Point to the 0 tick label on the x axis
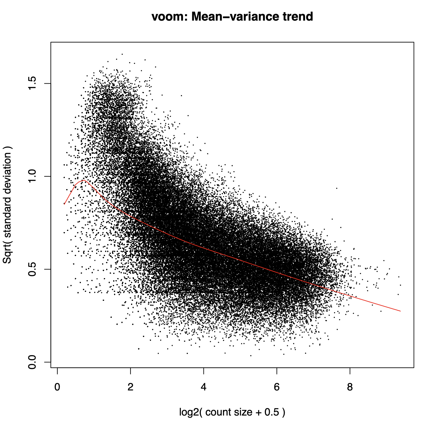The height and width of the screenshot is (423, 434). click(x=57, y=387)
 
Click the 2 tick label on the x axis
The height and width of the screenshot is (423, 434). click(x=130, y=387)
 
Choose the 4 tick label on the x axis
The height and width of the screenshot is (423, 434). click(x=204, y=387)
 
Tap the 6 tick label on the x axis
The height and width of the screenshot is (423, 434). click(x=277, y=387)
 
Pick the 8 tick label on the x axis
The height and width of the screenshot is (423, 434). click(x=350, y=387)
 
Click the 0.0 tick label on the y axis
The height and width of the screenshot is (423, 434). click(x=32, y=362)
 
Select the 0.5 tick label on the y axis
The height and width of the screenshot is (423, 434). click(x=32, y=269)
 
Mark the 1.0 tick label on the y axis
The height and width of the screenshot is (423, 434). click(x=32, y=176)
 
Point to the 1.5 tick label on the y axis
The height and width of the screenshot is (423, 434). click(x=32, y=83)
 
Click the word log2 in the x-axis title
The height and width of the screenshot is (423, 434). click(x=188, y=412)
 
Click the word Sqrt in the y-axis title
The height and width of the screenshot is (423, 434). click(x=7, y=255)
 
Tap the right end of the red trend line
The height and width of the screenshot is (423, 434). click(x=400, y=311)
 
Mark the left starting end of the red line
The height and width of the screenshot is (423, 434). click(x=64, y=204)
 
